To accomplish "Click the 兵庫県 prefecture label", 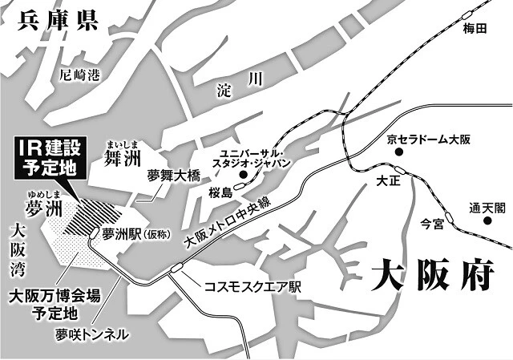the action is [54, 18].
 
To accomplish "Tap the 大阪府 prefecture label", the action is [430, 277].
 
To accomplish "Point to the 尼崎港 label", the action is [80, 76].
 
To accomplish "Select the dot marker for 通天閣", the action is [487, 219].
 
